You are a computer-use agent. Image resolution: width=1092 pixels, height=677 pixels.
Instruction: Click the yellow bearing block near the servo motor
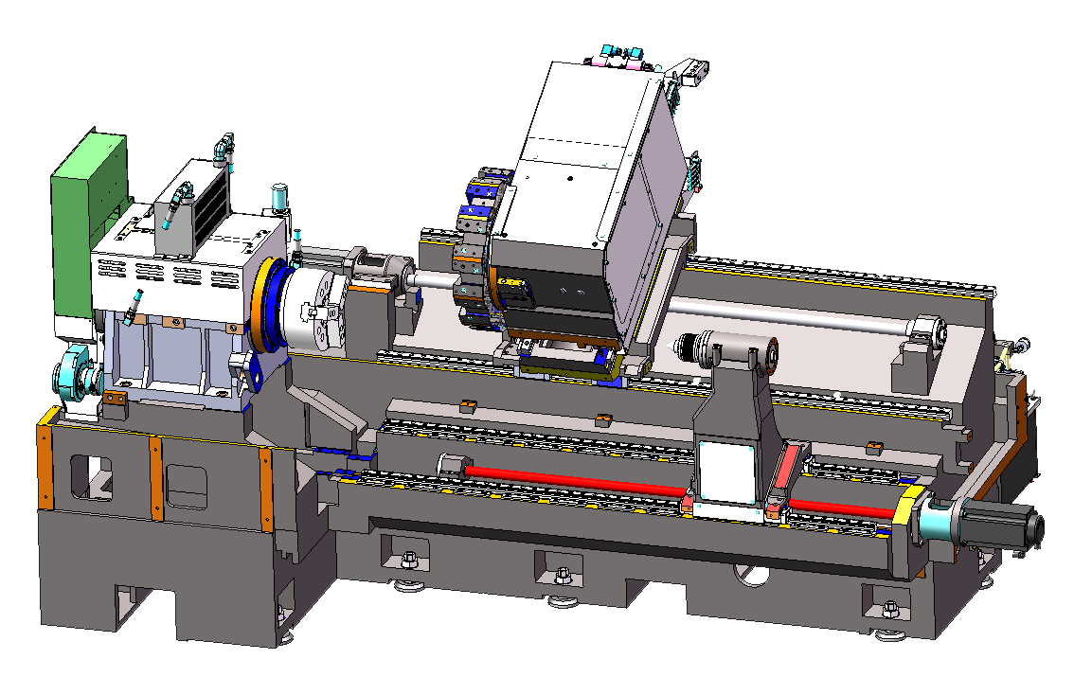(x=912, y=511)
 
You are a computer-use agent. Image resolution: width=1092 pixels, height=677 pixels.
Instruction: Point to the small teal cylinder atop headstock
(x=279, y=197)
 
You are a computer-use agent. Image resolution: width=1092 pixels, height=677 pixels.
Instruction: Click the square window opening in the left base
(x=91, y=478)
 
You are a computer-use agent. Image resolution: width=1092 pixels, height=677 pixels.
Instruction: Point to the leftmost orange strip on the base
(x=44, y=469)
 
